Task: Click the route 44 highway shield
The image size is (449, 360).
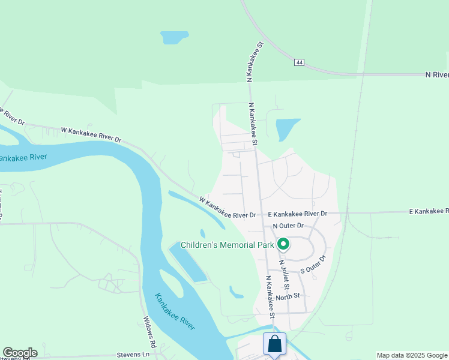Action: tap(298, 62)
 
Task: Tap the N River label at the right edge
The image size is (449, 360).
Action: tap(436, 74)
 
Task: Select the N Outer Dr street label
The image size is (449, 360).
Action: tap(289, 226)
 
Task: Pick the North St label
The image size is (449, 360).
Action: tap(288, 296)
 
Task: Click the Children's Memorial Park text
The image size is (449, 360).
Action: tap(227, 244)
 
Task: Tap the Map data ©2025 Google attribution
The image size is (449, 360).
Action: tap(411, 355)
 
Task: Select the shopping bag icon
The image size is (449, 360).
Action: tap(274, 344)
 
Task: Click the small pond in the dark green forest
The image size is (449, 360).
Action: tap(174, 37)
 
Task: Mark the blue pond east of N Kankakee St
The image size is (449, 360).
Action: tap(286, 128)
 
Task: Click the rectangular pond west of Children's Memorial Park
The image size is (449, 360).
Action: tap(188, 262)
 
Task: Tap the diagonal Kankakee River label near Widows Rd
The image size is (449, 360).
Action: tap(175, 311)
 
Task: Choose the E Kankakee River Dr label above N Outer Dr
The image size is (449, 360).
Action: tap(298, 214)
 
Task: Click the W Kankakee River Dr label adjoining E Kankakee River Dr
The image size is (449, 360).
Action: tap(228, 208)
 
